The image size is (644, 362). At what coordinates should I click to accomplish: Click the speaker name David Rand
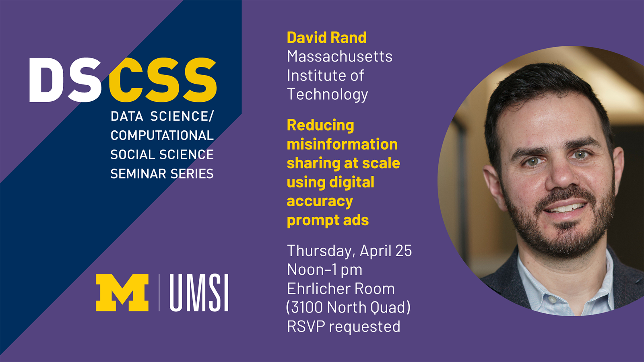tap(326, 38)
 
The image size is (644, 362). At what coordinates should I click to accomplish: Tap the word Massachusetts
tap(339, 57)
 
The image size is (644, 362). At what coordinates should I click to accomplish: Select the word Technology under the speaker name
tap(327, 95)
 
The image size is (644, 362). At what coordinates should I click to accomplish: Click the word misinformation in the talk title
tap(342, 144)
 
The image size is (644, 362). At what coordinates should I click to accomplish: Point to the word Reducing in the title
tap(320, 125)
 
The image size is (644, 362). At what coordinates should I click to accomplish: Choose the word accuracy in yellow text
tap(320, 201)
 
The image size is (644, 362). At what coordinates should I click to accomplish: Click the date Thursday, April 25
tap(349, 251)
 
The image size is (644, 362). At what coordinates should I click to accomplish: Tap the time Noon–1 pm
tap(324, 269)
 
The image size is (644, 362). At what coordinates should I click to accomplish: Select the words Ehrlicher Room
tap(341, 288)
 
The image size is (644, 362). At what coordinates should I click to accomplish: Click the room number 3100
tap(307, 307)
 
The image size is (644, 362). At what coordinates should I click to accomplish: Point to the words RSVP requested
tap(343, 326)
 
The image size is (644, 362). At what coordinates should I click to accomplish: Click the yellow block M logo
tap(122, 292)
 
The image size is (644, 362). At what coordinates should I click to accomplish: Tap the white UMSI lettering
tap(199, 292)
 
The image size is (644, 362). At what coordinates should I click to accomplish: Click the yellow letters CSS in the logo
tap(163, 80)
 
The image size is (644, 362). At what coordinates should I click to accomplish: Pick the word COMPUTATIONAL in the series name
tap(162, 136)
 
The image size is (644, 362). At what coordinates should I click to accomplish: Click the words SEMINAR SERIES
tap(162, 174)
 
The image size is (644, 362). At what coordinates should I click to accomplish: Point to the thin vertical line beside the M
tap(159, 292)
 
